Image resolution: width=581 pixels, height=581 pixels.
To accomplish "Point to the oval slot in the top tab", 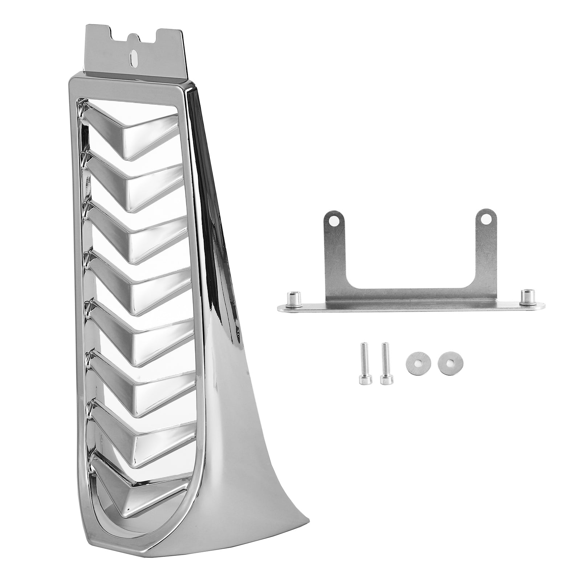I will point(134,57).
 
